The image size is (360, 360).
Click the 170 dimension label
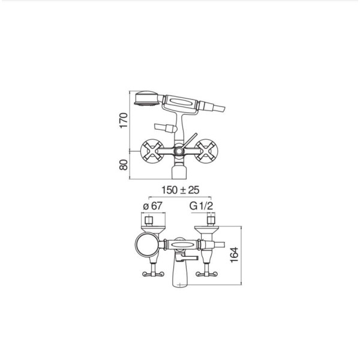click(x=123, y=121)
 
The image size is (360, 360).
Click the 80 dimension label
click(x=123, y=164)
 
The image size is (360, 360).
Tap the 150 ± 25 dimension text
click(x=180, y=190)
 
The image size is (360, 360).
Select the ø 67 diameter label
click(x=152, y=206)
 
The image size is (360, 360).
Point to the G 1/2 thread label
click(x=201, y=206)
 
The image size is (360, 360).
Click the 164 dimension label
click(x=235, y=255)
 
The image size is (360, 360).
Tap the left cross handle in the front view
click(x=152, y=151)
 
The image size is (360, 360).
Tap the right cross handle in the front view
click(x=206, y=151)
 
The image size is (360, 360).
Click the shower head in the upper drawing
click(x=146, y=98)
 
